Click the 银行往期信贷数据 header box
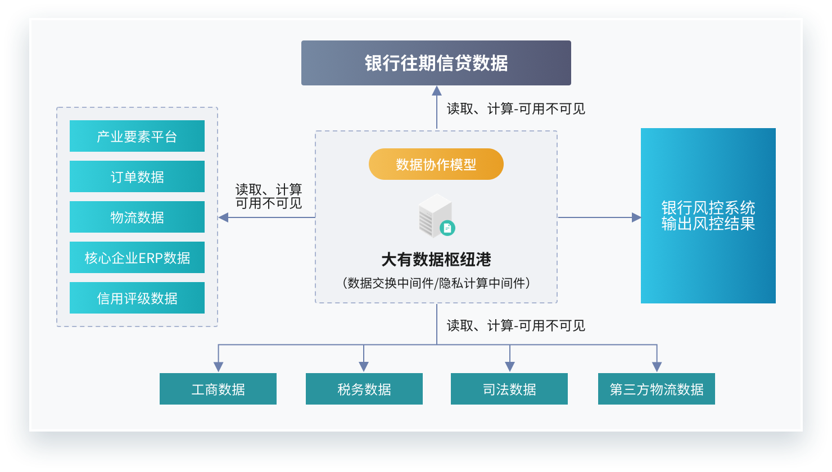click(436, 63)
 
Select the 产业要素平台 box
click(137, 136)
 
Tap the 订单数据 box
click(137, 176)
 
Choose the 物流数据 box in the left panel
click(137, 217)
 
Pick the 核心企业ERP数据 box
click(137, 257)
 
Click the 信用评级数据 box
click(137, 298)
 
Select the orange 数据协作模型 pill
click(436, 164)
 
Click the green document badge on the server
click(447, 228)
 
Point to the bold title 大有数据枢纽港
click(436, 259)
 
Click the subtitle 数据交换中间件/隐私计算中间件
click(436, 283)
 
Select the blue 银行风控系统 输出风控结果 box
click(708, 216)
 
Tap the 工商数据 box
click(218, 389)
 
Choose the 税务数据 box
click(364, 389)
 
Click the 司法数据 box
click(509, 389)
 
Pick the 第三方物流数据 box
click(656, 389)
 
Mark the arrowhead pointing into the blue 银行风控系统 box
click(636, 217)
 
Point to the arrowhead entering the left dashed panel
click(223, 217)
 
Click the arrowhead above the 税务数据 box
click(364, 366)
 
